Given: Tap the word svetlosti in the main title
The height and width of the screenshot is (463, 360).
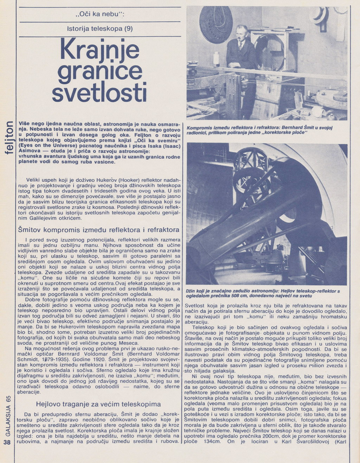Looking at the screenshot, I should tap(99, 92).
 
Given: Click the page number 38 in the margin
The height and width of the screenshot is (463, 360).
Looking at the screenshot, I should tap(7, 443).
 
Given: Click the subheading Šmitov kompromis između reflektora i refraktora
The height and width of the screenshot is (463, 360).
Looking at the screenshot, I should tap(99, 230).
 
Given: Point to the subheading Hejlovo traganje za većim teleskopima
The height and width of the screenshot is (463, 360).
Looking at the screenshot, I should tap(98, 404).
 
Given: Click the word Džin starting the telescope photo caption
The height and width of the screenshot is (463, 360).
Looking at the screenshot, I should tap(191, 291).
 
